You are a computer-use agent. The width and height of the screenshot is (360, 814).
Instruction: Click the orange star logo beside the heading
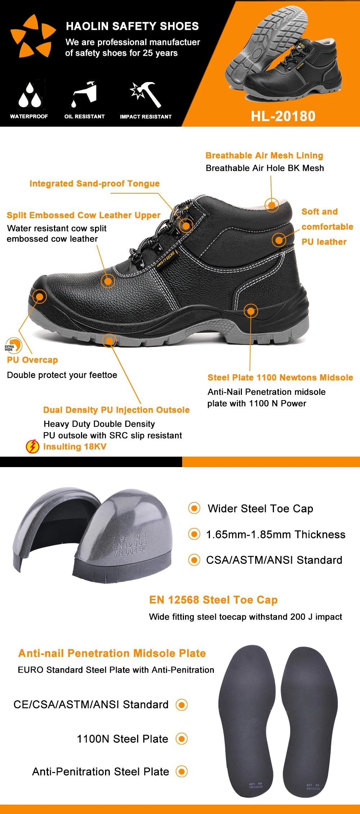click(33, 36)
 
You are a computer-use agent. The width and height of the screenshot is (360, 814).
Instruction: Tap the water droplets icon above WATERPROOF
click(29, 95)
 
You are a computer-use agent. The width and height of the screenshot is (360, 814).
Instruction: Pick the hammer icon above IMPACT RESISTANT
click(146, 94)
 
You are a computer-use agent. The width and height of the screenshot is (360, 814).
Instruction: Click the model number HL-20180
click(283, 116)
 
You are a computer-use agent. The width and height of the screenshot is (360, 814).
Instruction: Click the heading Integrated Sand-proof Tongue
click(94, 184)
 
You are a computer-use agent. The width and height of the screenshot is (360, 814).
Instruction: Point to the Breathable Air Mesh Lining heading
click(264, 155)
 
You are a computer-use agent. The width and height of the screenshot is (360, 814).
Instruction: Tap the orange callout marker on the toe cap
click(40, 297)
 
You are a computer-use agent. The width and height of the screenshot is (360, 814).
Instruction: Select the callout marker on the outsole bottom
click(109, 340)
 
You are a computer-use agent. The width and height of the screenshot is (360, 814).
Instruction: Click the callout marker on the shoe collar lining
click(272, 205)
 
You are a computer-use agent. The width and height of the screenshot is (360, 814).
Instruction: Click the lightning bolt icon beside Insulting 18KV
click(32, 447)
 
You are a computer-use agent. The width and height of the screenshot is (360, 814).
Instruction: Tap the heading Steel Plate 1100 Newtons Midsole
click(280, 377)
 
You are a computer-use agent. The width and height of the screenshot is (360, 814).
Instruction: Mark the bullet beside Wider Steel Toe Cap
click(194, 508)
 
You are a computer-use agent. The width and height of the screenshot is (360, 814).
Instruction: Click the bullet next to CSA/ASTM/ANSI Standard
click(194, 560)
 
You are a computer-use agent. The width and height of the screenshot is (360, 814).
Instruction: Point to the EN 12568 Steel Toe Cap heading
click(213, 600)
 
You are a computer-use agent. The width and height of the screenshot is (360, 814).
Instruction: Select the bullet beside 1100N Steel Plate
click(181, 739)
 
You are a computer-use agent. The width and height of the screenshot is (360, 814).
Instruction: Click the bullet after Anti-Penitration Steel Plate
click(181, 772)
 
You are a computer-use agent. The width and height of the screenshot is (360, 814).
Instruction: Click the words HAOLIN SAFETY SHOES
click(132, 26)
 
